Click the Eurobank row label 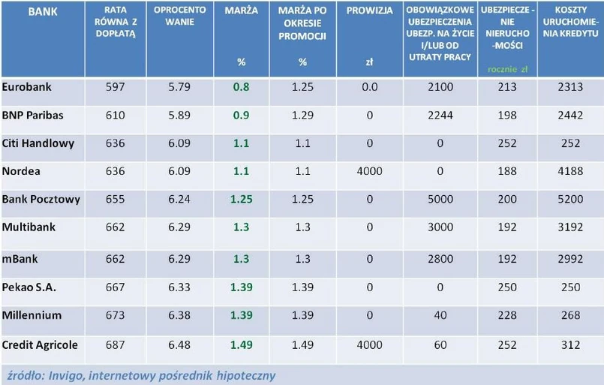coord(26,87)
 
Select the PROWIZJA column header coord(369,12)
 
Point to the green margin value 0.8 coord(241,87)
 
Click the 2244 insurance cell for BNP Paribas coord(440,116)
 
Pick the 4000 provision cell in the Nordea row coord(369,171)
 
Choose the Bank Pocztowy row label coord(41,200)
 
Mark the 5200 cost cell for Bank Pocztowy coord(570,200)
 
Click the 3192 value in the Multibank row coord(570,227)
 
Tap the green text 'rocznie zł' coord(508,68)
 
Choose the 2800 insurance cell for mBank coord(440,259)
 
